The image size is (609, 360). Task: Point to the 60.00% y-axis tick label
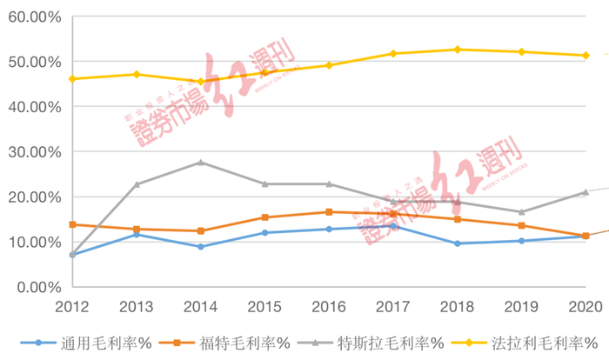click(x=34, y=17)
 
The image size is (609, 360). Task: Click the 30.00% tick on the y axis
click(x=34, y=151)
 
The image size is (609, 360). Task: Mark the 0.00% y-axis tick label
click(x=37, y=286)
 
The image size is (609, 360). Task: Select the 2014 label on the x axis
click(x=200, y=307)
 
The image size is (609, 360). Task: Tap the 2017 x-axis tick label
click(x=392, y=307)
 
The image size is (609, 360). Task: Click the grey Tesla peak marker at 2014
click(x=200, y=163)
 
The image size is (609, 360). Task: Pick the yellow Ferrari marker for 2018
click(x=457, y=50)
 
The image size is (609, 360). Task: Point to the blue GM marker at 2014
click(x=200, y=247)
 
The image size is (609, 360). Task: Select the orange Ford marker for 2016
click(x=329, y=211)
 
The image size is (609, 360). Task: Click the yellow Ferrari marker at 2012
click(x=72, y=79)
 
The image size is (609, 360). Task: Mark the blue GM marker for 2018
click(x=457, y=243)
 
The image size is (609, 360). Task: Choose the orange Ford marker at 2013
click(x=137, y=229)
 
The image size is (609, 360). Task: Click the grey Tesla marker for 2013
click(x=137, y=184)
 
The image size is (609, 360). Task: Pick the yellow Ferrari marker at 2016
click(x=329, y=65)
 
